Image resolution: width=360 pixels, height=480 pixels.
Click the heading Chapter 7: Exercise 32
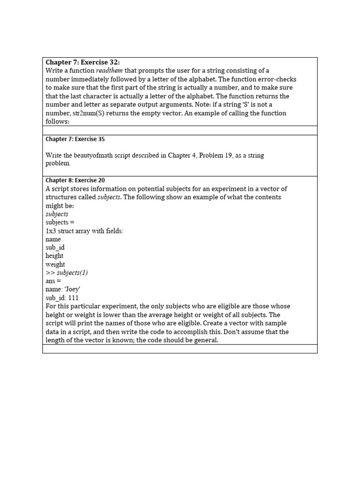(82, 62)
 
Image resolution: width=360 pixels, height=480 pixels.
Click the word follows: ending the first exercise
(57, 121)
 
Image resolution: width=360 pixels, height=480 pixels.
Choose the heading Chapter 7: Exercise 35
(71, 139)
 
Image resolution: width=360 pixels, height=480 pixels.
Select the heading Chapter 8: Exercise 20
(71, 180)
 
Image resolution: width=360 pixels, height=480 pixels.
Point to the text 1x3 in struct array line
(51, 231)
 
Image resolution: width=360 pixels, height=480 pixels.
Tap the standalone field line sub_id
(55, 247)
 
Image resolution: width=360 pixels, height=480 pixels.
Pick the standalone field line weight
(55, 264)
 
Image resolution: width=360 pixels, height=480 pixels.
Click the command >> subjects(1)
(67, 273)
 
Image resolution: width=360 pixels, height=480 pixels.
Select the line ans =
(53, 281)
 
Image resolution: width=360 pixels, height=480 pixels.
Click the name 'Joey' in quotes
(72, 290)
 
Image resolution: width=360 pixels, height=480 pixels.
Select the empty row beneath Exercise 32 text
(180, 130)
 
